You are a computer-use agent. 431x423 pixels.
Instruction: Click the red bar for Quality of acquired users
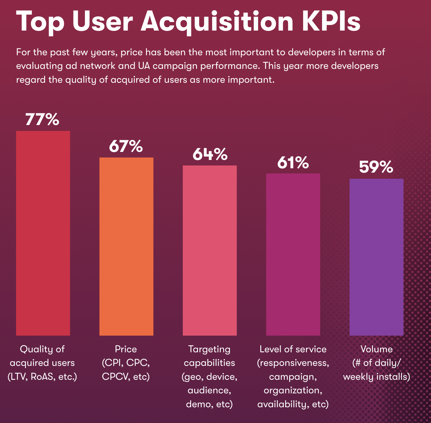click(43, 233)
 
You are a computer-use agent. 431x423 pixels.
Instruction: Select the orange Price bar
click(126, 246)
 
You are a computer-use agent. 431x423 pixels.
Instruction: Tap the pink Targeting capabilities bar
click(210, 250)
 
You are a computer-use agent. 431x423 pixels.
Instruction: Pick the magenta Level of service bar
click(293, 254)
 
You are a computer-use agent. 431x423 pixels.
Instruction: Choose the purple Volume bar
click(376, 257)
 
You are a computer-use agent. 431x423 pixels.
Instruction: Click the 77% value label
click(42, 119)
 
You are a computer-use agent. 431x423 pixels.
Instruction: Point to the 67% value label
click(126, 146)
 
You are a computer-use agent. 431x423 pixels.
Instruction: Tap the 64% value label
click(210, 154)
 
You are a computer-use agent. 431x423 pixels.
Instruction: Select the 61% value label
click(293, 162)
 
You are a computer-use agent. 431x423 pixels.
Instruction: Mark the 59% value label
click(376, 167)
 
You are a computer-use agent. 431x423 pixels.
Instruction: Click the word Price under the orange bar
click(126, 349)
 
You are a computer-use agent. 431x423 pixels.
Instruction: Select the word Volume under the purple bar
click(377, 349)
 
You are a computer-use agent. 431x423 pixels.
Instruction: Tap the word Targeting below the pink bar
click(209, 349)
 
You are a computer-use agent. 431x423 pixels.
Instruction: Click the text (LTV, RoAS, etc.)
click(42, 377)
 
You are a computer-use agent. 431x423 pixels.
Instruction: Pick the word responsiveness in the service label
click(293, 363)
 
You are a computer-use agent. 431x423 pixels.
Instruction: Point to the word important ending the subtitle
click(250, 80)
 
